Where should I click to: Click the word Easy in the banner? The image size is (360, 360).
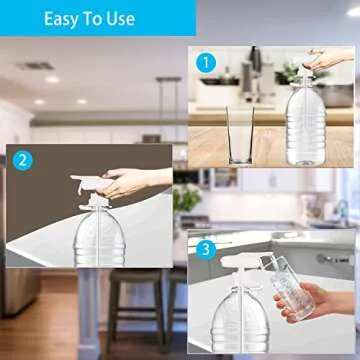[x=69, y=19]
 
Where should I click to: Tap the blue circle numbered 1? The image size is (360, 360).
[x=206, y=62]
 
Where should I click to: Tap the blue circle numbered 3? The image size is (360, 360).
[x=205, y=248]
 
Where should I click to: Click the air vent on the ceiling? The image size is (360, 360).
[x=35, y=67]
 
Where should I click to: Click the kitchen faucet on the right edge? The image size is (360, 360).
[x=345, y=211]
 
